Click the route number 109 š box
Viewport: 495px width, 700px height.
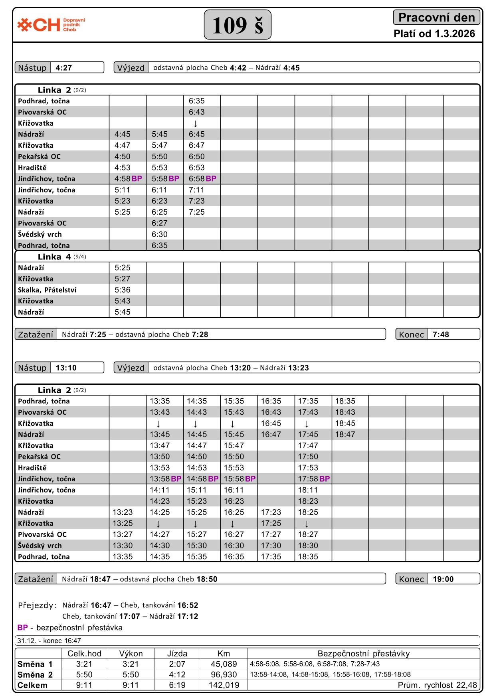point(238,25)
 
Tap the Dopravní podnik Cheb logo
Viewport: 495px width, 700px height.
point(51,25)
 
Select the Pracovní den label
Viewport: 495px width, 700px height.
point(436,18)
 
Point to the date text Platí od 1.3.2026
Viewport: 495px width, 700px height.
point(434,34)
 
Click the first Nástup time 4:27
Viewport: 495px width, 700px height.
point(64,68)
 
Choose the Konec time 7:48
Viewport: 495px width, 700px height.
point(441,334)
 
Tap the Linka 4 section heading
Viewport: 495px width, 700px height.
point(54,257)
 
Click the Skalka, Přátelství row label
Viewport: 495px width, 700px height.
point(47,290)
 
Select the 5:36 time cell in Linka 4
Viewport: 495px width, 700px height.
point(123,290)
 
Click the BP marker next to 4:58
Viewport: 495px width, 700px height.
point(137,179)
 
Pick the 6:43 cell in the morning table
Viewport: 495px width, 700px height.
point(197,112)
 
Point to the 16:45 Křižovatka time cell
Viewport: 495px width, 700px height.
point(271,423)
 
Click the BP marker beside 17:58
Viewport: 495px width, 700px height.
point(325,479)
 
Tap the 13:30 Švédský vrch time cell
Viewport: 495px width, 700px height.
point(123,546)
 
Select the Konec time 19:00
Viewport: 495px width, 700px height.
point(443,579)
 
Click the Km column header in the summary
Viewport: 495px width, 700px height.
point(224,653)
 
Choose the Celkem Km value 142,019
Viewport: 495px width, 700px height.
point(224,685)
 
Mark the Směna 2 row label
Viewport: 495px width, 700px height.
point(35,675)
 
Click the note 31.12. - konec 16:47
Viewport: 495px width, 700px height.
point(49,641)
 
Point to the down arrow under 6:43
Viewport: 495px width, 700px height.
point(195,124)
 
